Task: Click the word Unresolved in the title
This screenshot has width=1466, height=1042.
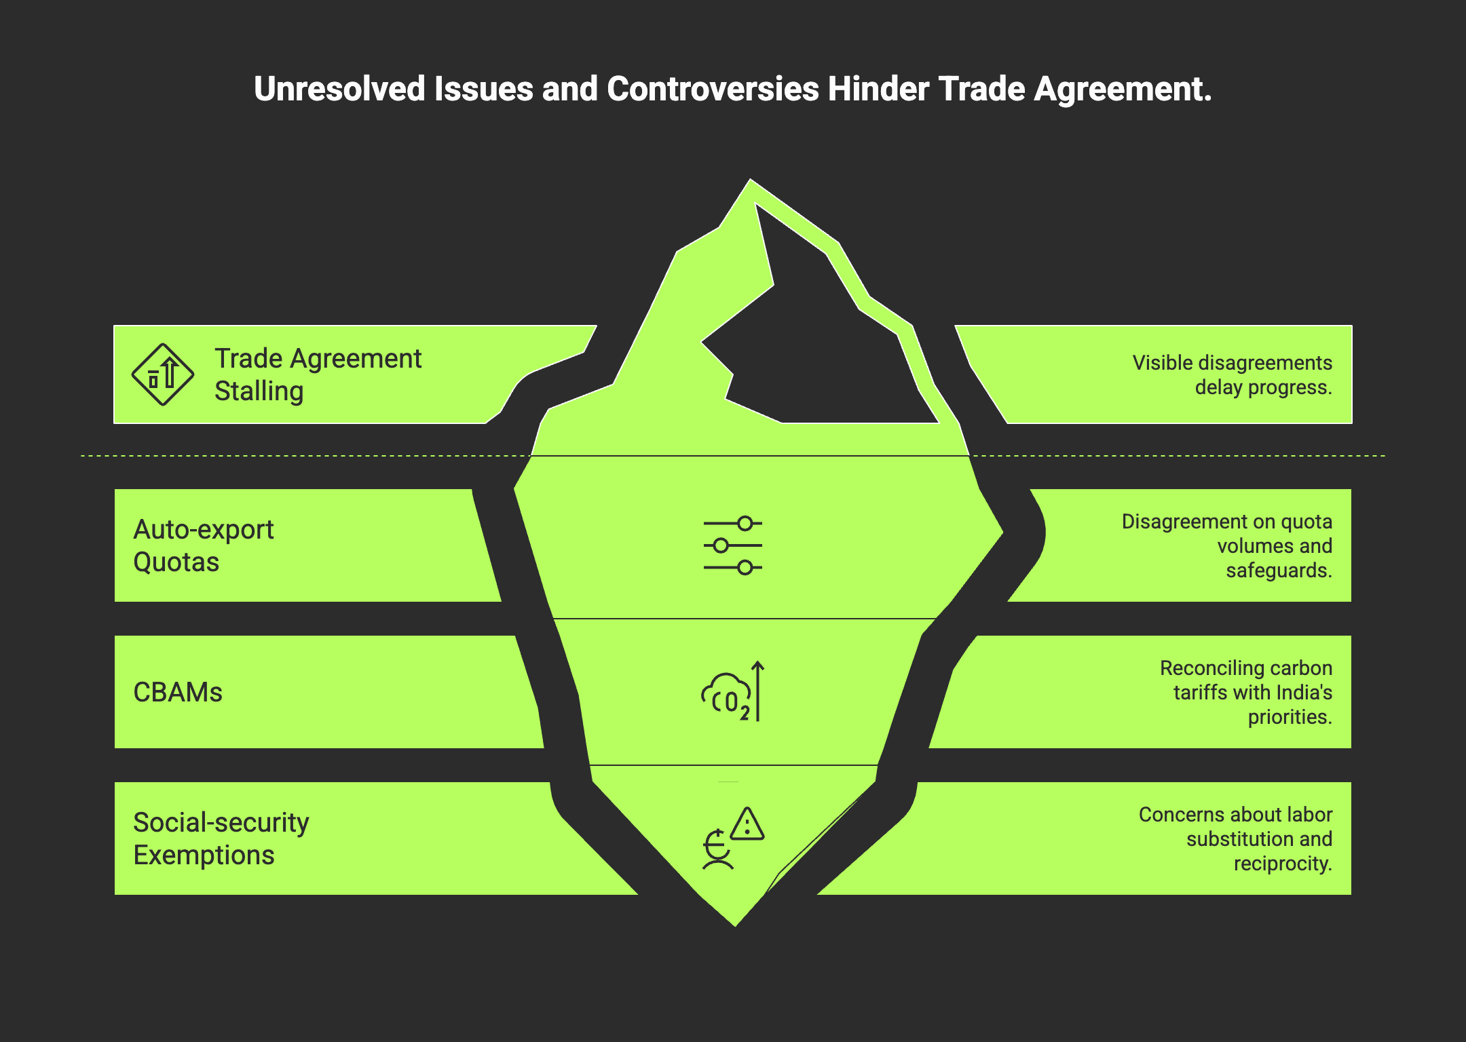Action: (x=339, y=89)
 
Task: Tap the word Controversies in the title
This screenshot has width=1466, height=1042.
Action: (x=713, y=89)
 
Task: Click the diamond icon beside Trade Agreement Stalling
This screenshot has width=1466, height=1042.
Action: (x=163, y=374)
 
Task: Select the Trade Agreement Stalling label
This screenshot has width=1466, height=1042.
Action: (x=318, y=374)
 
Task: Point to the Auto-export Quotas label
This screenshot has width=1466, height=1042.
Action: (x=203, y=545)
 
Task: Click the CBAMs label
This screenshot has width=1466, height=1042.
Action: (x=178, y=692)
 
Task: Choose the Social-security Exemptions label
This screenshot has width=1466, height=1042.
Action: (x=221, y=838)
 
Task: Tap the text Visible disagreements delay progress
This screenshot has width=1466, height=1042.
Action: (x=1232, y=374)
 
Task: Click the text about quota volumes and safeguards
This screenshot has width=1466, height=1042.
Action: (x=1227, y=545)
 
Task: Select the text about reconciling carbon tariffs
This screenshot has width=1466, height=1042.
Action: (x=1246, y=692)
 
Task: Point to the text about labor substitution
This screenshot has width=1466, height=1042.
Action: (x=1235, y=838)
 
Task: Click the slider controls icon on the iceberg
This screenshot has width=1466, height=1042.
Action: (x=733, y=545)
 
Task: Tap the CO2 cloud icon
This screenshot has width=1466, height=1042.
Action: (x=726, y=696)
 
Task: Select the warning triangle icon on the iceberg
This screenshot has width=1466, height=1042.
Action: (x=748, y=824)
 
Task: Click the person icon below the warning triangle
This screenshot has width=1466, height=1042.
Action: (x=717, y=851)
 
